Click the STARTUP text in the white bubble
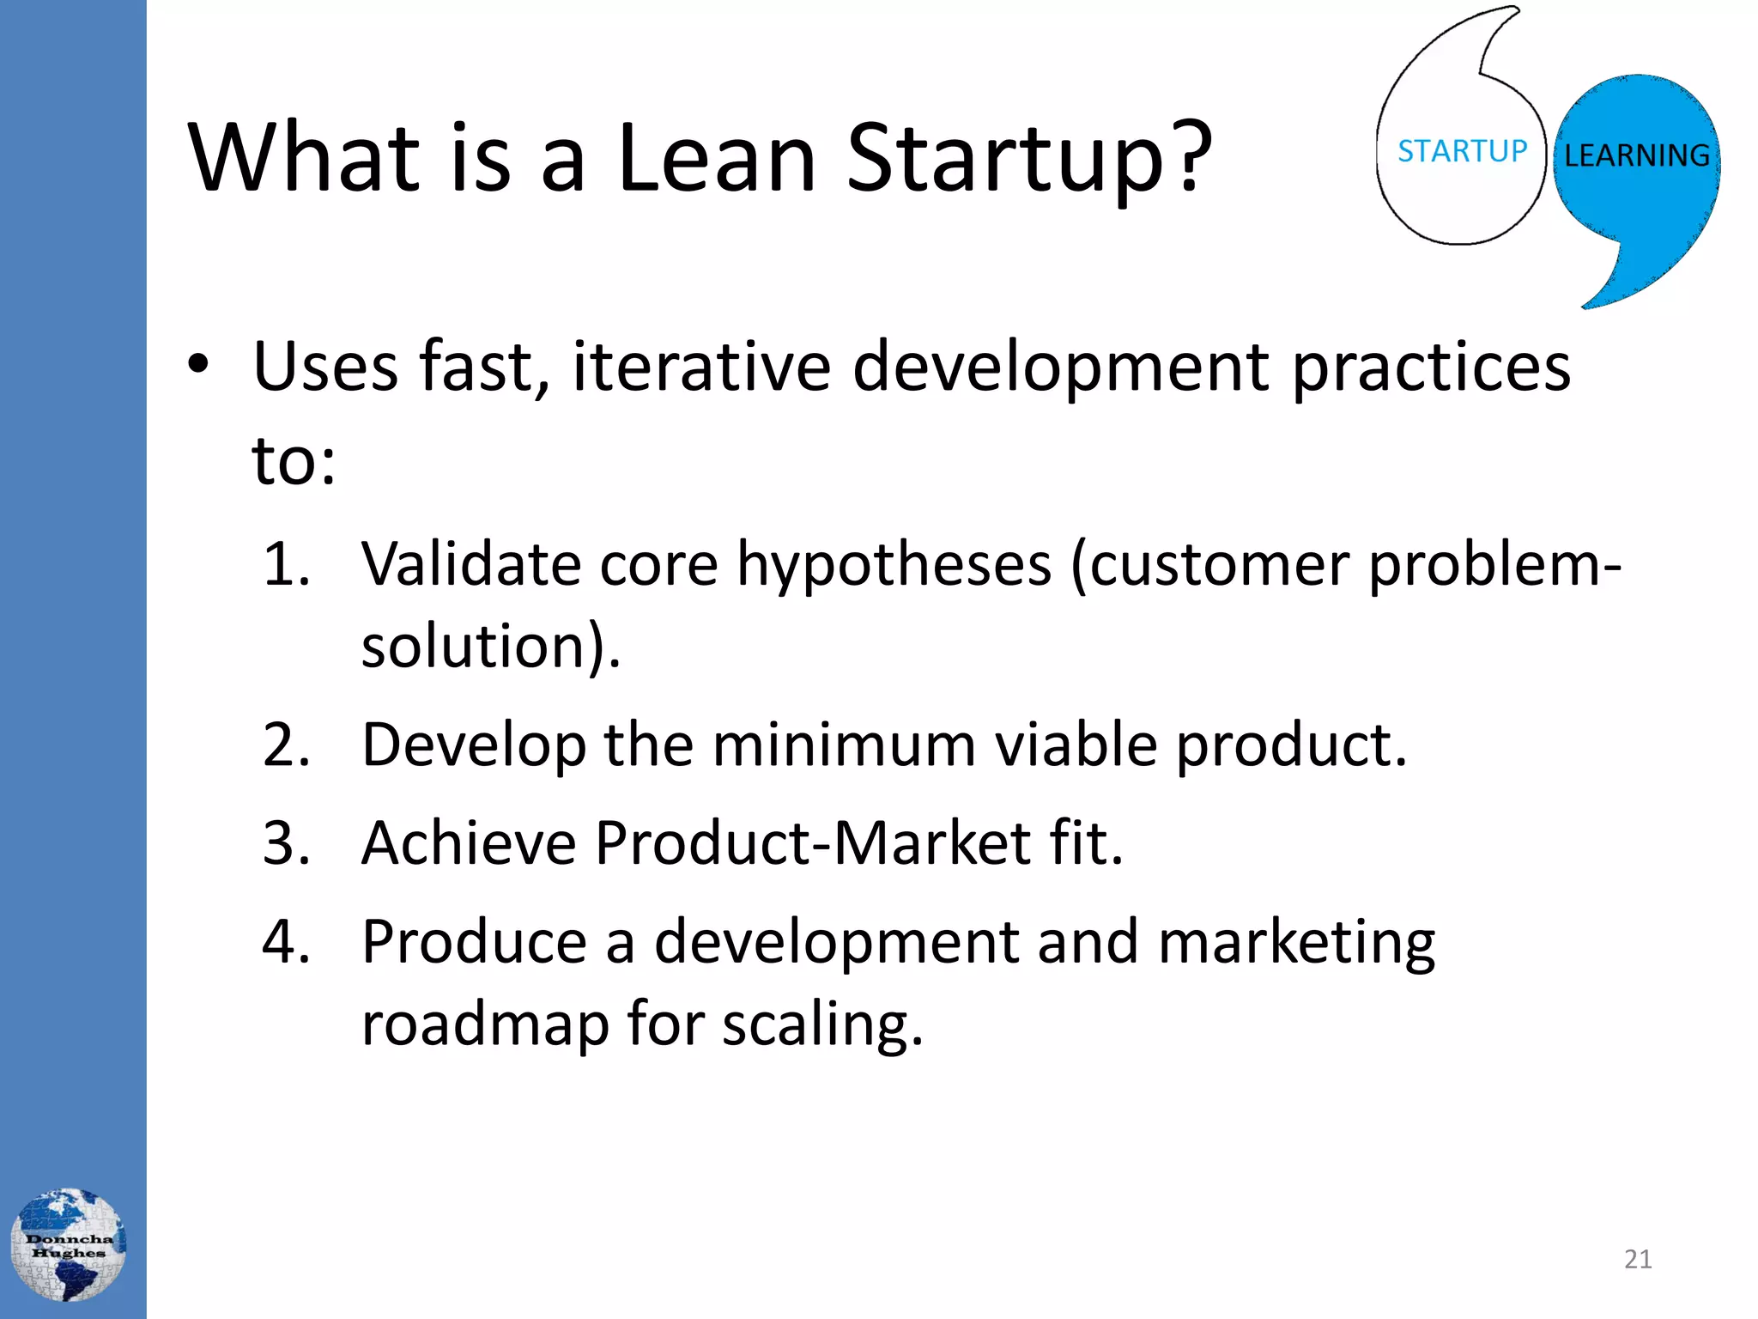1462,151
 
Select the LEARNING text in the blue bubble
1636,155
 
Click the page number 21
1638,1259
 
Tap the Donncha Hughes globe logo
69,1244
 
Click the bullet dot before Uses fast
198,365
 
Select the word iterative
701,367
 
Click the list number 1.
285,564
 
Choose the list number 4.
286,941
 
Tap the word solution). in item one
490,646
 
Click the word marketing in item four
1296,943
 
